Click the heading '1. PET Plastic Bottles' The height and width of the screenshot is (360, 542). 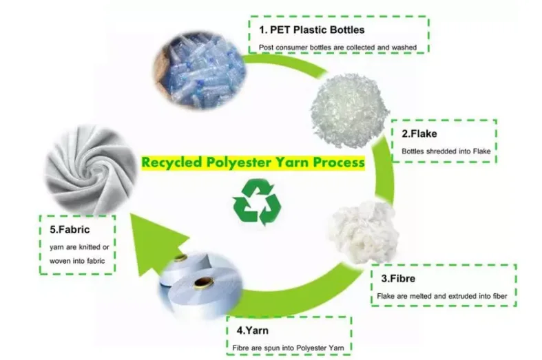click(x=311, y=30)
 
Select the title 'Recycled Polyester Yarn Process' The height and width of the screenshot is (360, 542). click(x=253, y=163)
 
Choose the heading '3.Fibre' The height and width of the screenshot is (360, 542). click(x=397, y=279)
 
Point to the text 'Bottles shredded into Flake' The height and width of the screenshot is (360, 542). click(x=444, y=151)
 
